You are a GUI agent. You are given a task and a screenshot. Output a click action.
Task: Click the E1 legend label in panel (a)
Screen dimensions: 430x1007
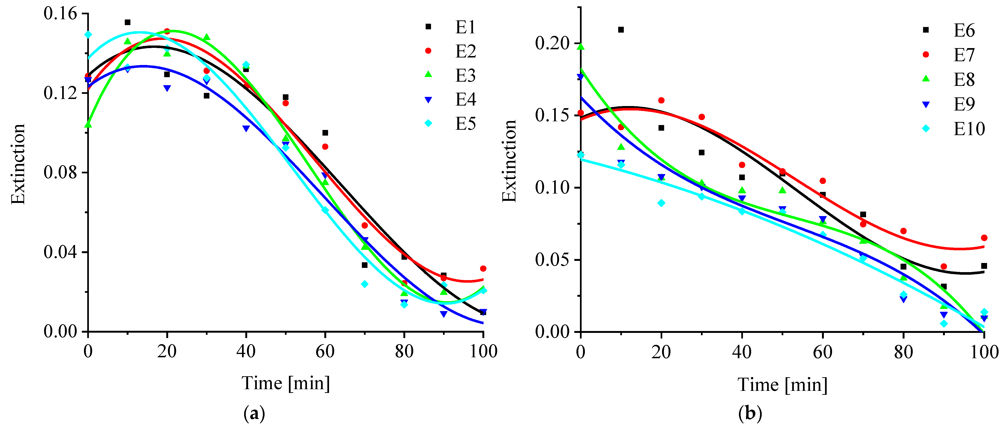(465, 27)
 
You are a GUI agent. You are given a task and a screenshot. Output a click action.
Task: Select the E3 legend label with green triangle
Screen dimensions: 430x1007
(465, 76)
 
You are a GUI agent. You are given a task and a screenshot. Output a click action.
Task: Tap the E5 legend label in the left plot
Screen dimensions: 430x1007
(465, 124)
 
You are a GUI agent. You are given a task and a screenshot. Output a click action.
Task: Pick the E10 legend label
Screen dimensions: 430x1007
(969, 129)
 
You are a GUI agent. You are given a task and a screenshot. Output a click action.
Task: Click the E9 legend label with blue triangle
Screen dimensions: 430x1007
(964, 104)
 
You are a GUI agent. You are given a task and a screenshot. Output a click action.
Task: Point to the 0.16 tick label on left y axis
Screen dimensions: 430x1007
(61, 13)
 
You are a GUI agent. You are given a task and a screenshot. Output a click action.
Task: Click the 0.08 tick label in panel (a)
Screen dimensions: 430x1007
(61, 172)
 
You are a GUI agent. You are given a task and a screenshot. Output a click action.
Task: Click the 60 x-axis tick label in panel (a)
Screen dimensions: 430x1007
(325, 351)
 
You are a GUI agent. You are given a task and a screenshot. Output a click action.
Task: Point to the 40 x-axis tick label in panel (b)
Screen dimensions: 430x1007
(742, 352)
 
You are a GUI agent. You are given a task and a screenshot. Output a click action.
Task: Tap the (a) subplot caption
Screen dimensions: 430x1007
(254, 413)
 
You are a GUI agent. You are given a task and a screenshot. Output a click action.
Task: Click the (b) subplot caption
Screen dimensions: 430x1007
(750, 413)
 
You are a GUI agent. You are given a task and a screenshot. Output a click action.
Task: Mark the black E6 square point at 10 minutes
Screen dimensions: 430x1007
(621, 30)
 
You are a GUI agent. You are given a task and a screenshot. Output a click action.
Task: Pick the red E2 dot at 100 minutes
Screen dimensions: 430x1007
(483, 269)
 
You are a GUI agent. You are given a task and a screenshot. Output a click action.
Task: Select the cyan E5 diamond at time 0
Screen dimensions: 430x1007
(88, 35)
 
